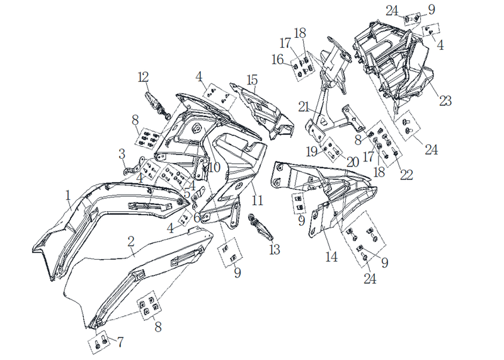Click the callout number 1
pos(68,195)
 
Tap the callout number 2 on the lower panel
pos(131,242)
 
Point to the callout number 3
pos(122,154)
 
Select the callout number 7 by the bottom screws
pos(120,342)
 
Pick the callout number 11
pos(257,200)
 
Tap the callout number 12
pos(144,77)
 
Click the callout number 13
pos(275,249)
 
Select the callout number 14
pos(331,257)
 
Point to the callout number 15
pos(253,80)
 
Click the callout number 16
pos(278,59)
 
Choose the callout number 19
pos(312,151)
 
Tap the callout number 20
pos(352,162)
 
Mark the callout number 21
pos(304,107)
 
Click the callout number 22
pos(406,175)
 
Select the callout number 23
pos(445,101)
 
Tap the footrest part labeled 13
pos(260,226)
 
